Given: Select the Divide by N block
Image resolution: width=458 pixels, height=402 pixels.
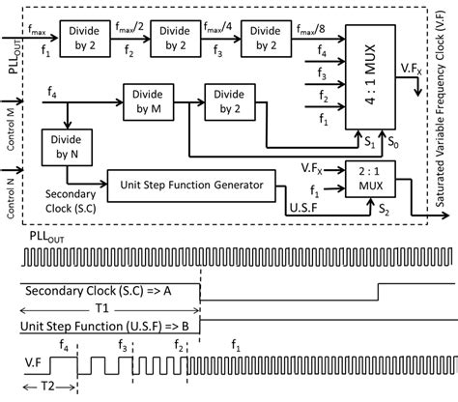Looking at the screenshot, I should point(65,148).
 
